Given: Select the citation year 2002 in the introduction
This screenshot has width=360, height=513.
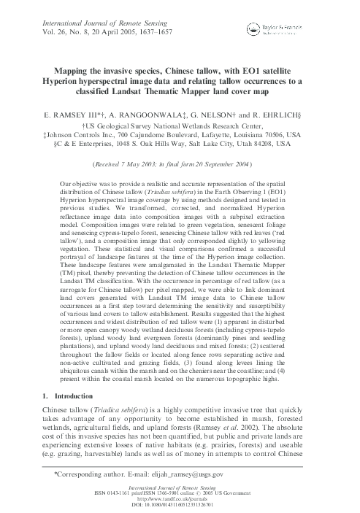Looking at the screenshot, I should (288, 426).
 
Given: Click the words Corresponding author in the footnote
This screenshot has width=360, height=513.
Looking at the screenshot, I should (91, 474).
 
